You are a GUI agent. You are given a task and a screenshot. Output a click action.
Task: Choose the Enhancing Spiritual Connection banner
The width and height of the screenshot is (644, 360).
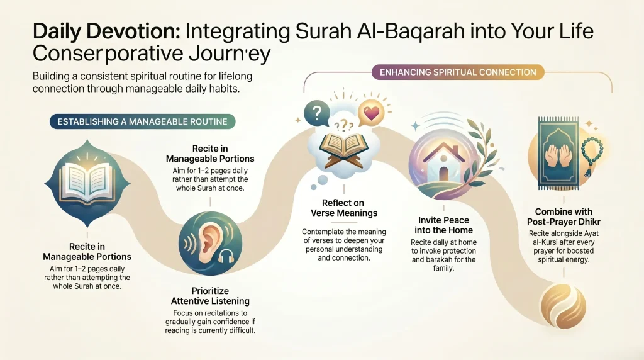pos(456,72)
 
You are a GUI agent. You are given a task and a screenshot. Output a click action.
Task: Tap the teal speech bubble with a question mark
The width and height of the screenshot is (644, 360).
pos(316,114)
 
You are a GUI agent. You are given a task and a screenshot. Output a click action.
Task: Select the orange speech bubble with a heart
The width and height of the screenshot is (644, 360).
pos(371,114)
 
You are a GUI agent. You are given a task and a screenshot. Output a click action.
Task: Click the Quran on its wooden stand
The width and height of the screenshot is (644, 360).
pos(342,149)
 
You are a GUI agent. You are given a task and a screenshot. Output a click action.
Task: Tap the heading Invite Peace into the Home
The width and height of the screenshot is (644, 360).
pos(444,225)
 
